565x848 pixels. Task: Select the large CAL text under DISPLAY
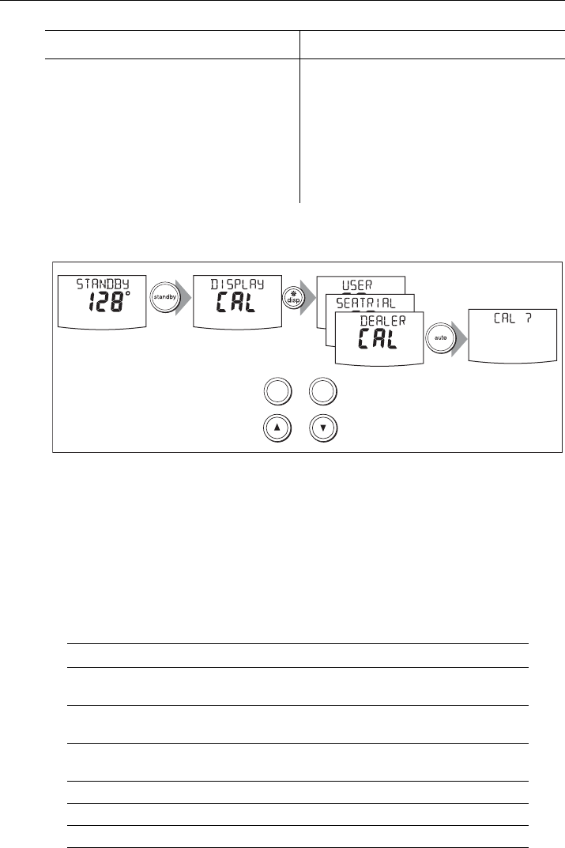233,303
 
